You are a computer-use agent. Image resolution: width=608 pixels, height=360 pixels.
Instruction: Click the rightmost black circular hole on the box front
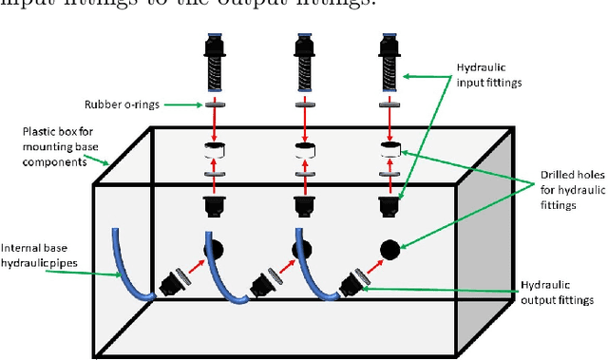point(389,251)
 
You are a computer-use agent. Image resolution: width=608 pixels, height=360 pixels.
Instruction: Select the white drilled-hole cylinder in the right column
point(389,152)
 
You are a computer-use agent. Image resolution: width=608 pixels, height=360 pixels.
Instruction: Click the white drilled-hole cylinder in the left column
point(214,152)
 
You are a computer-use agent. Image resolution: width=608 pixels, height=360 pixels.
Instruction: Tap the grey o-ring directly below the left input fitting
point(214,104)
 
